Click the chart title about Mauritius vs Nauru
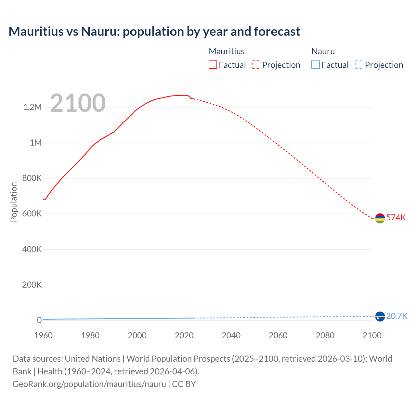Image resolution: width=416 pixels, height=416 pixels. click(x=154, y=32)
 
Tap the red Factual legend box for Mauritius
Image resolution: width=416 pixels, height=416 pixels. click(x=213, y=65)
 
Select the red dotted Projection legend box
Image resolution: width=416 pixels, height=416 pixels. click(x=256, y=65)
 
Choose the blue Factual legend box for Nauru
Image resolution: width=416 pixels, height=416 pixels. click(x=316, y=65)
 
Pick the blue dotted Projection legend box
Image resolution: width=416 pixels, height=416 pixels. click(x=359, y=65)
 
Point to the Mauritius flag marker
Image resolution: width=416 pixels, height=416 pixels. click(x=380, y=218)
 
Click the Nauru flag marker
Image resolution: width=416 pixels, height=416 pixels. click(x=380, y=316)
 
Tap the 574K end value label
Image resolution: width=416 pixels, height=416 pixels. click(x=396, y=217)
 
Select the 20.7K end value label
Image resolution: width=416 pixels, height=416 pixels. click(x=397, y=316)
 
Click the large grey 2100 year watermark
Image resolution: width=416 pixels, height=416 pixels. click(x=78, y=103)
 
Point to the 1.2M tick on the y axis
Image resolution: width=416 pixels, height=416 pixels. click(x=32, y=107)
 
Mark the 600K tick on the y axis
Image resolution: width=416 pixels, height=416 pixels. click(x=32, y=214)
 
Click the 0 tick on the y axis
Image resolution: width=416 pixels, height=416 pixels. click(x=39, y=320)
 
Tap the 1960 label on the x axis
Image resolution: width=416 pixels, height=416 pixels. click(x=43, y=335)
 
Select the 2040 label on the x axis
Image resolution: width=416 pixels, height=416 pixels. click(x=231, y=335)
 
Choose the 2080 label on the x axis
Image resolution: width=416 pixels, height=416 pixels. click(x=325, y=335)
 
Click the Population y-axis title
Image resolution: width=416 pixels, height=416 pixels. click(x=14, y=202)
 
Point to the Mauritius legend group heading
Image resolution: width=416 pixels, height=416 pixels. click(x=227, y=51)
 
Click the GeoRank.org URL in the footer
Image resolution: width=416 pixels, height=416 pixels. click(x=89, y=384)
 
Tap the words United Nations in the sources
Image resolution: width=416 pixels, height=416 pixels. click(x=93, y=358)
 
